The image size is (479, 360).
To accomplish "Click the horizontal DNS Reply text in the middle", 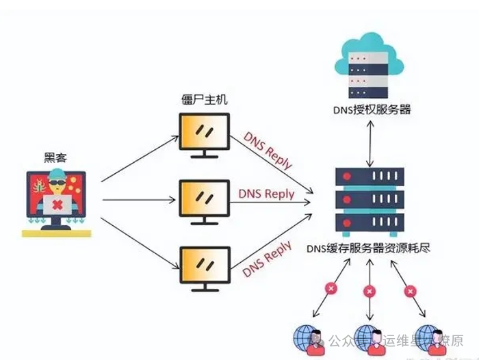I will point(266,194).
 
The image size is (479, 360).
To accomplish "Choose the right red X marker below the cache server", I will point(409,290).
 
